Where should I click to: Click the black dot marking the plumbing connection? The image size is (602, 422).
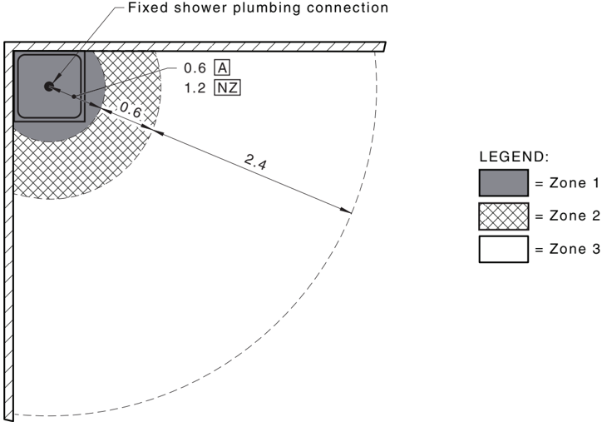click(49, 87)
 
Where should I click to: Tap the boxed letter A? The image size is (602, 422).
click(222, 68)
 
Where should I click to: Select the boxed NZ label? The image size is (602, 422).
click(227, 88)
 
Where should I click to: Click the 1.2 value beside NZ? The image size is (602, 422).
click(195, 88)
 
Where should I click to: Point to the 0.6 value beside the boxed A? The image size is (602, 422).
click(195, 68)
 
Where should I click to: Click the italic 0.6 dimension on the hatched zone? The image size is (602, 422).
click(131, 111)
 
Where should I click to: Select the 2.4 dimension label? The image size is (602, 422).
click(255, 161)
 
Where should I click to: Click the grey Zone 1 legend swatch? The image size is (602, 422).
click(503, 183)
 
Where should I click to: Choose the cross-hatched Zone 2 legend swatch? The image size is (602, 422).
click(503, 216)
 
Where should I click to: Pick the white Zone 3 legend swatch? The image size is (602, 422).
click(503, 249)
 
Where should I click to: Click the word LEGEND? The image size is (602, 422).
click(514, 156)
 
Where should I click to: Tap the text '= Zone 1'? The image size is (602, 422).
click(567, 183)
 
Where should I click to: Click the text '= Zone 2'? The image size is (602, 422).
click(567, 216)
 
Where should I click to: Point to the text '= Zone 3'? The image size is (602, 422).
click(567, 249)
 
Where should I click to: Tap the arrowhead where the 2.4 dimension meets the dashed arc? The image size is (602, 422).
click(346, 211)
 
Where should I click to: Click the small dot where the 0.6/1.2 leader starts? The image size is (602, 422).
click(74, 97)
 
